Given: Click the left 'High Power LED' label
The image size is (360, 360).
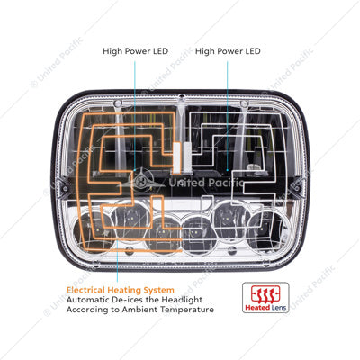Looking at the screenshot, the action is [x=135, y=51].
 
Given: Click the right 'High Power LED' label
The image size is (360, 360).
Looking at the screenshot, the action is [x=228, y=51].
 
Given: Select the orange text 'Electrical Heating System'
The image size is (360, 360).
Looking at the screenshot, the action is [x=121, y=290].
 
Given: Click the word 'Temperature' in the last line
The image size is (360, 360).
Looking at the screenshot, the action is [x=187, y=310].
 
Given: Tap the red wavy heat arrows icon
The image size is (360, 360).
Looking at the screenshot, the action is [x=265, y=294].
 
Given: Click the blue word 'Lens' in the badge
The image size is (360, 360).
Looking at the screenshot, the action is [x=279, y=308].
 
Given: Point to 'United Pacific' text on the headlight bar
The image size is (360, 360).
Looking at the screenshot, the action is [x=206, y=183].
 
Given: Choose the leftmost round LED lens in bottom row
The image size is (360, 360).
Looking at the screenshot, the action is [x=92, y=229].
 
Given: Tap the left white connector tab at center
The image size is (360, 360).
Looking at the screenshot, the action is [x=176, y=157].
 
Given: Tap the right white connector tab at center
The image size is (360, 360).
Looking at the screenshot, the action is [x=187, y=157].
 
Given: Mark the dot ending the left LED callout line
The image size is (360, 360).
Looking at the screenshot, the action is [x=135, y=170].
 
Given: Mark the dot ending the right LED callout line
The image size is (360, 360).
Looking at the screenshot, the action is [x=228, y=170].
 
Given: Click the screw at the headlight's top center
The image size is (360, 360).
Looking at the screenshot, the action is [x=181, y=97].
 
